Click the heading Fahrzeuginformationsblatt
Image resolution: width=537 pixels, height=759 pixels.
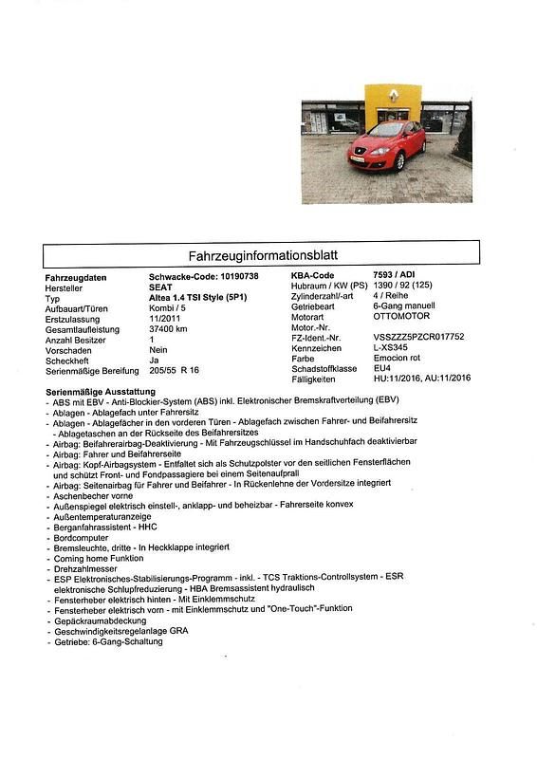pos(262,256)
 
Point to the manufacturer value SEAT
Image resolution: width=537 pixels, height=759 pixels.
pos(161,287)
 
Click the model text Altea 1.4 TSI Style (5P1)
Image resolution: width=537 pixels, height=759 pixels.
pos(200,298)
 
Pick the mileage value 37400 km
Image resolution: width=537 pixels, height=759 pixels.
pos(169,329)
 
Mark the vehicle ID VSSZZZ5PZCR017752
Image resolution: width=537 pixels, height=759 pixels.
pos(418,337)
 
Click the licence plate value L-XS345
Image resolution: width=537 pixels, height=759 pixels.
pos(394,348)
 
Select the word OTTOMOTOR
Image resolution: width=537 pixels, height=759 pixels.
pos(402,316)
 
